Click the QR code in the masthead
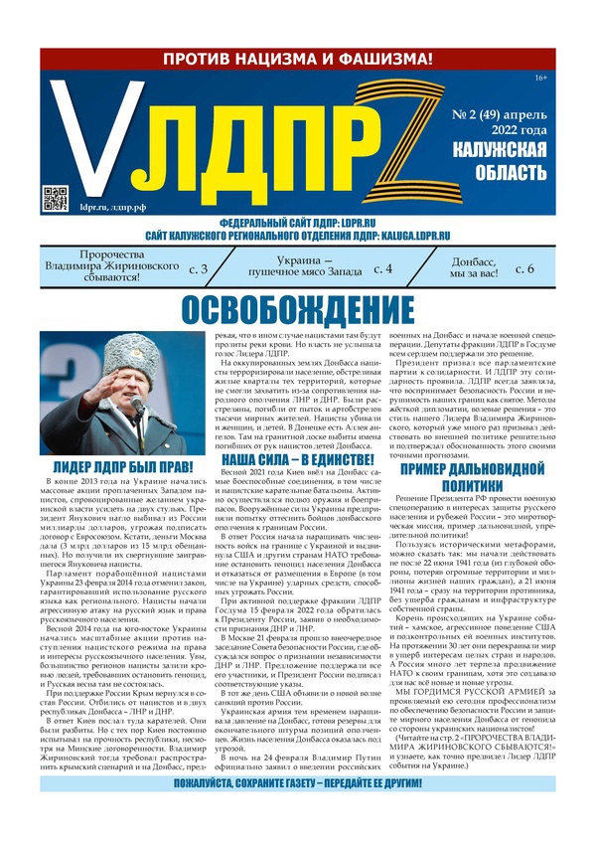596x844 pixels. point(56,198)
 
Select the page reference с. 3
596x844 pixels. point(198,269)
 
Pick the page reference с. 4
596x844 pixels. point(382,269)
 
